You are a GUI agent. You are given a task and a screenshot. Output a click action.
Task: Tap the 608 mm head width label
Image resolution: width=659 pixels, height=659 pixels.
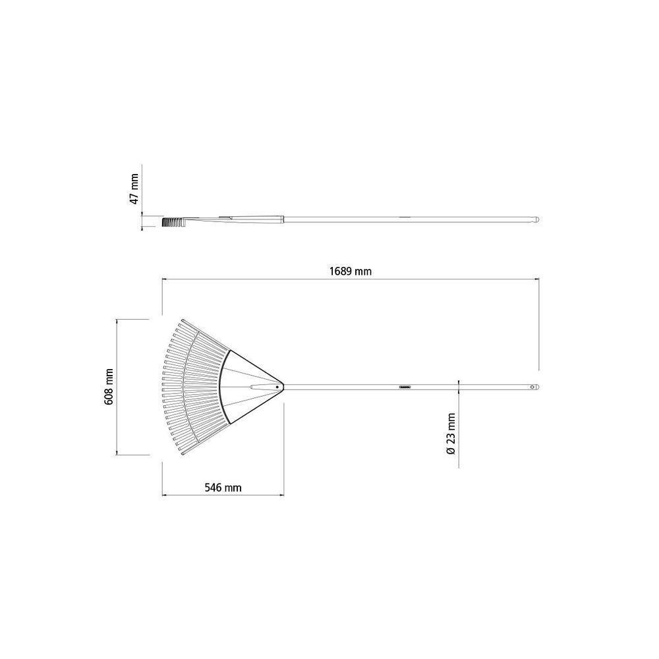[x=109, y=386]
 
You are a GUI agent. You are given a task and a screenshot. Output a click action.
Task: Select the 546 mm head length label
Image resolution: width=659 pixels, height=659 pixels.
[x=223, y=488]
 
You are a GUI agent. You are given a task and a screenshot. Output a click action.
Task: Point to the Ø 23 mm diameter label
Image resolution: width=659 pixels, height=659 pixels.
[x=450, y=433]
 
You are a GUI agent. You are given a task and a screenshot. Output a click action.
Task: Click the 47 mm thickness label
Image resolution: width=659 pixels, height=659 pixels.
[x=134, y=188]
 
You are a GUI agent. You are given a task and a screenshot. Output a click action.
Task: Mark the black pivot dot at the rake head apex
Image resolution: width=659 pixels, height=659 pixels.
[x=277, y=387]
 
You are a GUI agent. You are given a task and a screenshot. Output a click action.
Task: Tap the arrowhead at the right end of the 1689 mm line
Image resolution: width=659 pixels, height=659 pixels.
[x=537, y=279]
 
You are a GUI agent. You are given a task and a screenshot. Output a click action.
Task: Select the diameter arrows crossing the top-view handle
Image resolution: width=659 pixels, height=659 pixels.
[x=459, y=387]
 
